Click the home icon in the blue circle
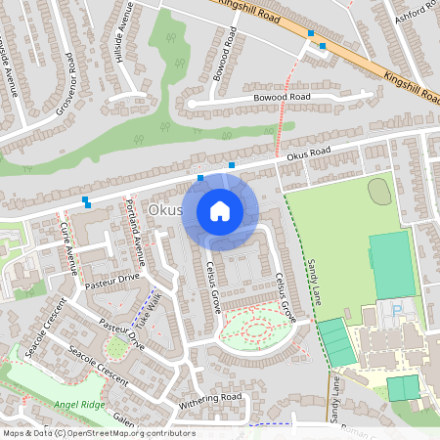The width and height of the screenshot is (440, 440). [220, 211]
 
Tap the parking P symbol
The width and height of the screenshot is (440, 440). [397, 310]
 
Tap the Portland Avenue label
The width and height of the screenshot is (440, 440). [135, 231]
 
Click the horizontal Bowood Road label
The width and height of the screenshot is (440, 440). [280, 98]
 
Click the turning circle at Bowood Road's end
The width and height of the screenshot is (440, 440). [193, 103]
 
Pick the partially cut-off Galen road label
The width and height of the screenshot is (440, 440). [123, 418]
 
